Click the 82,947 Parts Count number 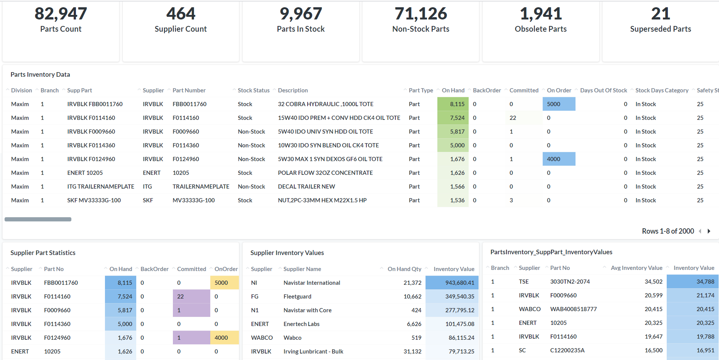click(x=61, y=14)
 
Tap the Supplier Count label click(x=181, y=29)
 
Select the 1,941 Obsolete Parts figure click(x=541, y=14)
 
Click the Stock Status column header click(x=253, y=90)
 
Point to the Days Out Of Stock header click(x=603, y=90)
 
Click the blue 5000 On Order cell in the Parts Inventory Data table click(x=559, y=104)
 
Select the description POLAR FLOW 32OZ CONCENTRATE click(x=325, y=173)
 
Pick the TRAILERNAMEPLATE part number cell click(x=201, y=187)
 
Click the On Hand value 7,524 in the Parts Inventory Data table click(x=453, y=118)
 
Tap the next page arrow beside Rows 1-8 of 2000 click(x=709, y=231)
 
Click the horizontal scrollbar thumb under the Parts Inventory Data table click(x=38, y=219)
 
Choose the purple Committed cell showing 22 click(x=191, y=297)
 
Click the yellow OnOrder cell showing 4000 click(x=224, y=338)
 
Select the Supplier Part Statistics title click(x=43, y=253)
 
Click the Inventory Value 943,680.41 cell click(x=452, y=283)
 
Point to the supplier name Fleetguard click(x=297, y=297)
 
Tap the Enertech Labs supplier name click(x=301, y=324)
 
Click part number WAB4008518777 click(x=573, y=309)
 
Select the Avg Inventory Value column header click(x=637, y=268)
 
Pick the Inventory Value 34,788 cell click(x=692, y=282)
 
